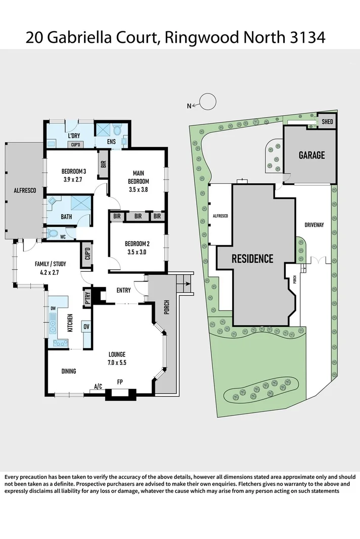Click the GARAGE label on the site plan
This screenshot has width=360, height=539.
(x=311, y=155)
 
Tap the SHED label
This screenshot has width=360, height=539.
(x=327, y=121)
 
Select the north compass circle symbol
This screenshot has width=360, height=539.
(x=207, y=102)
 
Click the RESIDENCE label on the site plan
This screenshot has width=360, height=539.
(x=252, y=259)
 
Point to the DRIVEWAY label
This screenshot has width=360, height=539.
(x=313, y=225)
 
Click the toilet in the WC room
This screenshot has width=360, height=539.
(x=53, y=234)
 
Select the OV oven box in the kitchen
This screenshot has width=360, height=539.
(x=86, y=326)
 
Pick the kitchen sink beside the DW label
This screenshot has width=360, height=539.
(x=53, y=323)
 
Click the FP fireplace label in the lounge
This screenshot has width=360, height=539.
(x=120, y=382)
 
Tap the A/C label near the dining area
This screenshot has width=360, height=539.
(x=98, y=386)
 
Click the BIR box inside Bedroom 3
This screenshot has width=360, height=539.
(x=103, y=164)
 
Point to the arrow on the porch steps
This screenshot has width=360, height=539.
(x=188, y=284)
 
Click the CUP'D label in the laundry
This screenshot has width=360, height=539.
(x=76, y=145)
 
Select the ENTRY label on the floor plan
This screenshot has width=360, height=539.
(x=123, y=290)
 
